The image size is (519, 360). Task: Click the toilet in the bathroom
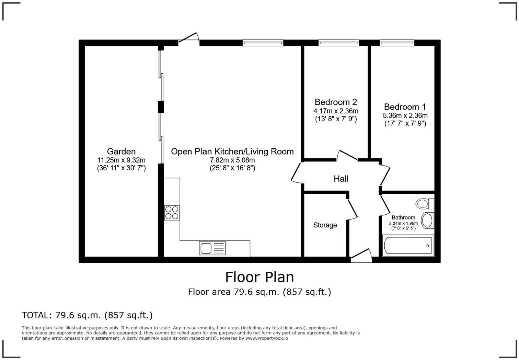tap(425, 203)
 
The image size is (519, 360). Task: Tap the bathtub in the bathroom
tap(408, 246)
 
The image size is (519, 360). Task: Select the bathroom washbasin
tap(427, 221)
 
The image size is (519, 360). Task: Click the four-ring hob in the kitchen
tap(172, 213)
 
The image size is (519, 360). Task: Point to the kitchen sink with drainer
tap(212, 248)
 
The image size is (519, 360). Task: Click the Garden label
tap(121, 151)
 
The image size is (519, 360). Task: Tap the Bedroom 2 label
tap(336, 102)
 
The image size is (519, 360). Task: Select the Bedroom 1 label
tap(405, 107)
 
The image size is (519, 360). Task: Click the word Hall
tap(341, 179)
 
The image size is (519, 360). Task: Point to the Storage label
tap(325, 225)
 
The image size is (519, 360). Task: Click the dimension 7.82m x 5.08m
tap(232, 160)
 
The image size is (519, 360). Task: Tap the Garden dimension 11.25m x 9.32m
tap(122, 160)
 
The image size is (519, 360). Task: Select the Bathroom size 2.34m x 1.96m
tap(403, 224)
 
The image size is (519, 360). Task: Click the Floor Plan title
tap(259, 277)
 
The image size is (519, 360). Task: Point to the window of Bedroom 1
tap(397, 43)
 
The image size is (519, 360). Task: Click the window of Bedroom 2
tap(338, 43)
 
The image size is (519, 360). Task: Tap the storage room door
tap(352, 209)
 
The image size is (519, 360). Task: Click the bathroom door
tap(384, 205)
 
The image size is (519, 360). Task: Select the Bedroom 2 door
tap(347, 155)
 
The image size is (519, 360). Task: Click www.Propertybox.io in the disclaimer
tap(267, 338)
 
